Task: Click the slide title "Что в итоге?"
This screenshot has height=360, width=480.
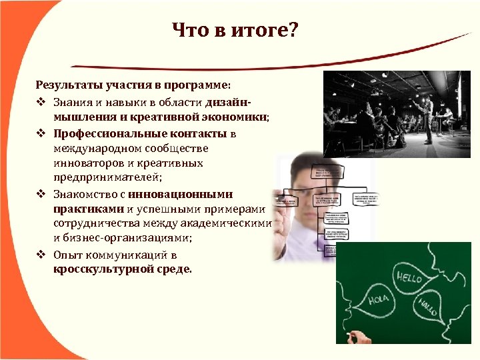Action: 235,30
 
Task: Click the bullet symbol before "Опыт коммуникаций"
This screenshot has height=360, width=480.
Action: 41,255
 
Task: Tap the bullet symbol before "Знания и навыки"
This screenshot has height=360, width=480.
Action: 41,102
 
